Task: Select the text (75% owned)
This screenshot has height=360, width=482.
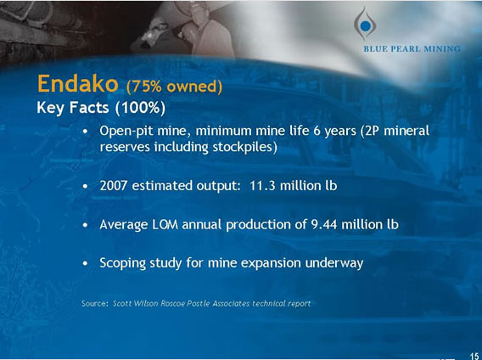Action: click(174, 87)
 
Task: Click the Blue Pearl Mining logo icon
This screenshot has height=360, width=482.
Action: click(365, 22)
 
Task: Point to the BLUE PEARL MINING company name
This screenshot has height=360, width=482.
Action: click(412, 49)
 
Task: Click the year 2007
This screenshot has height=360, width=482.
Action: click(115, 185)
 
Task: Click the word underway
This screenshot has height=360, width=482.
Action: click(335, 263)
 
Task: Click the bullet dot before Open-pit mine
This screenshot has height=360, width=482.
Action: click(87, 133)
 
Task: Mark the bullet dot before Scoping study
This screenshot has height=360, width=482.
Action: click(87, 264)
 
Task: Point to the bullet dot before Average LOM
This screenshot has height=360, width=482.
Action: click(87, 225)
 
